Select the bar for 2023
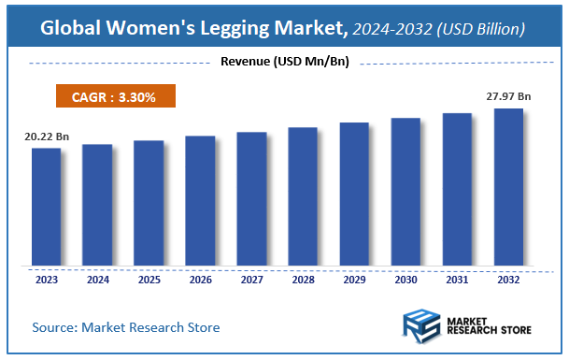pos(46,207)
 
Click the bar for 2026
pos(200,200)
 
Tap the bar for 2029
pos(354,194)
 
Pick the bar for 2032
pos(508,187)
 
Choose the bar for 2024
pos(97,205)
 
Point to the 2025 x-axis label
pos(149,280)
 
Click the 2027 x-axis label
pos(251,280)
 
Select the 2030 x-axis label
pos(405,280)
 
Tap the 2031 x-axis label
pos(457,280)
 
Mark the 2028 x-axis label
pos(303,280)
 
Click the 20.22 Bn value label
pos(46,137)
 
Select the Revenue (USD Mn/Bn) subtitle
pos(284,62)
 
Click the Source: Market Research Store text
pos(126,327)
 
